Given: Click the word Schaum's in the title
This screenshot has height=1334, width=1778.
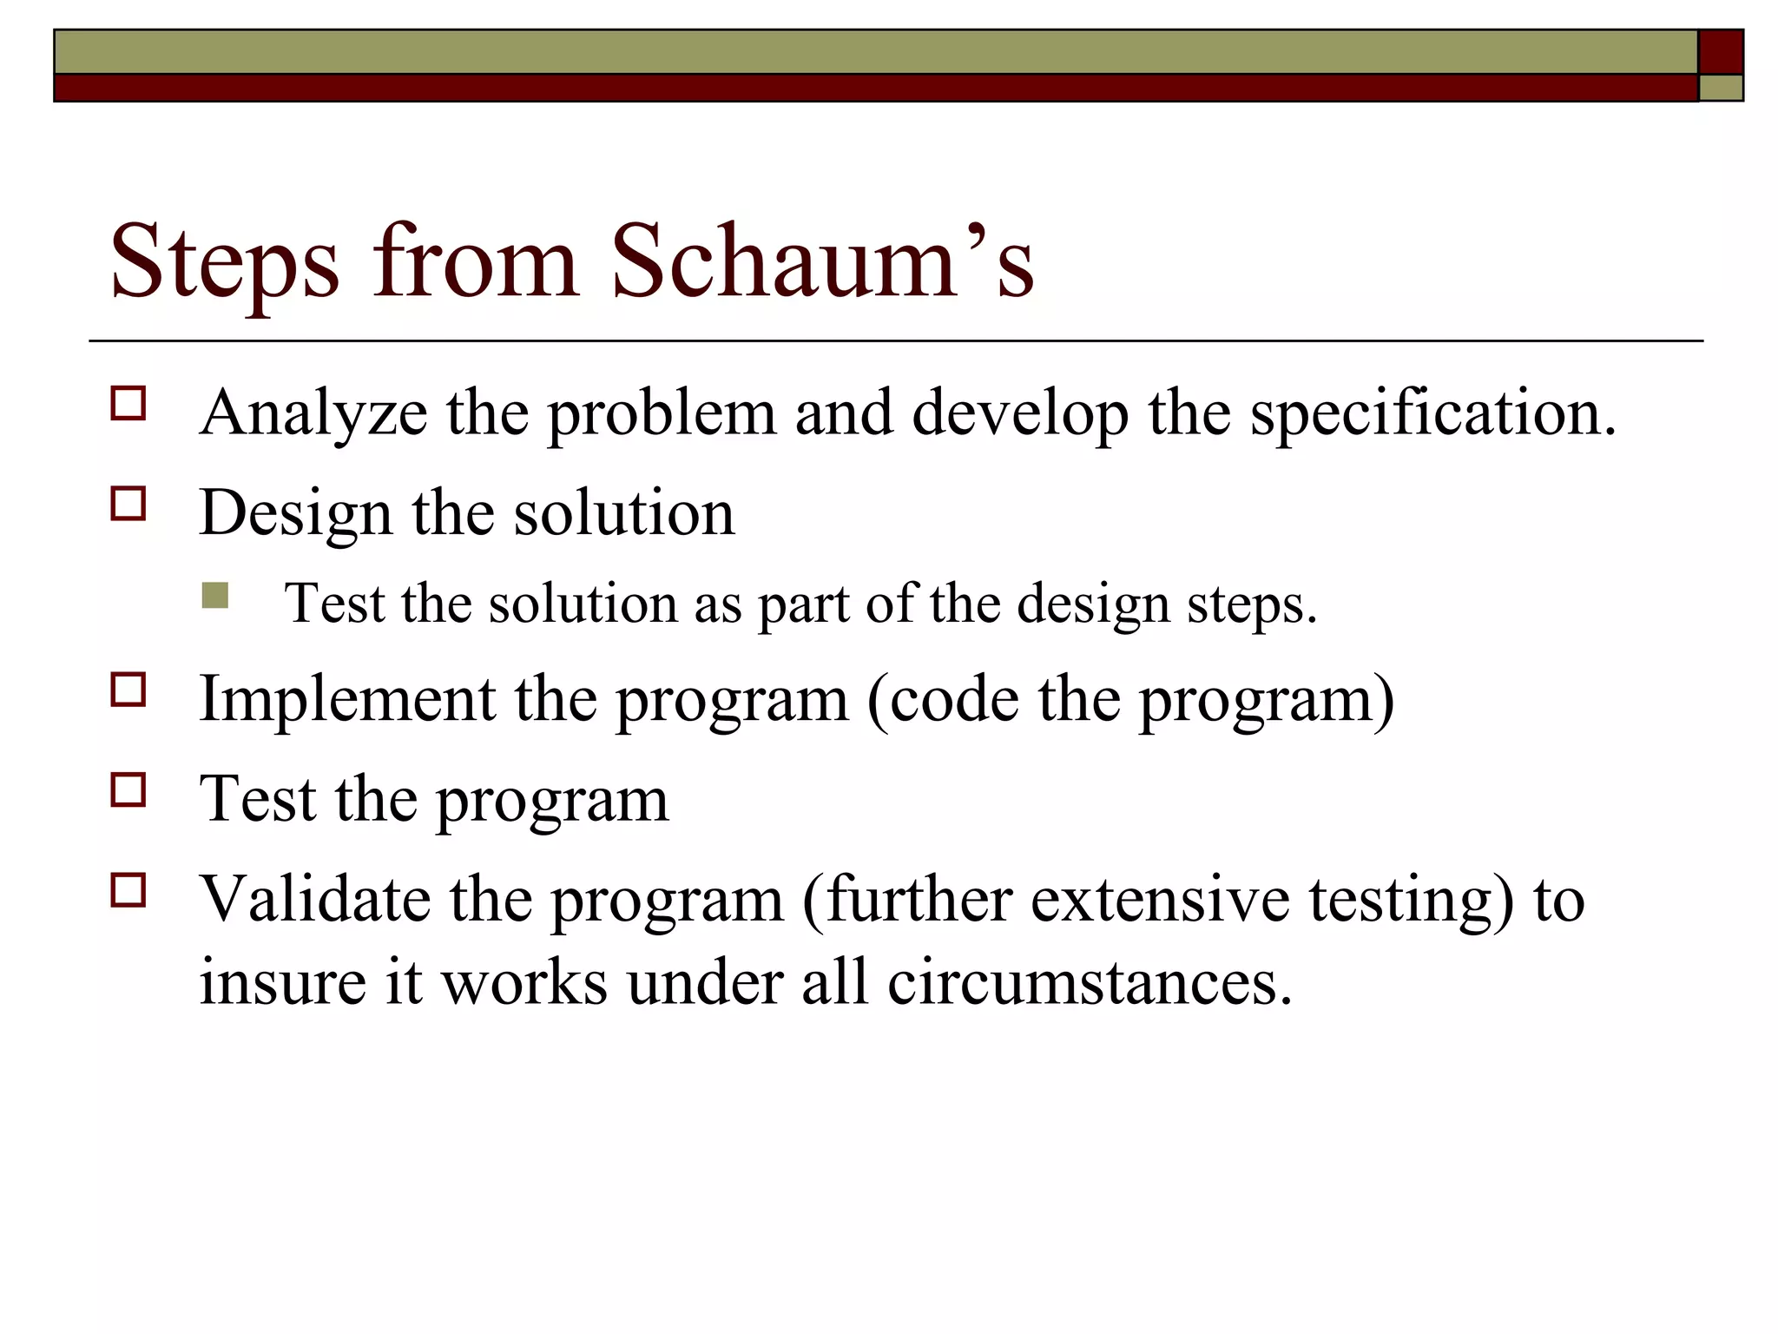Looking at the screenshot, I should tap(821, 261).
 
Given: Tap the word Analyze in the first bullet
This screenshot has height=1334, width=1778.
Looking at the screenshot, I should tap(313, 413).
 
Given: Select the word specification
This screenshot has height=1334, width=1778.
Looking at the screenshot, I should tap(1433, 414).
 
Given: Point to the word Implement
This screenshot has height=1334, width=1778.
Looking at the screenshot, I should tap(346, 699).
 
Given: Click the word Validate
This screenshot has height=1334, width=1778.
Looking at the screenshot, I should tap(314, 899).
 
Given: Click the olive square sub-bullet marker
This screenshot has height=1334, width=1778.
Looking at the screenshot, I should tap(214, 596).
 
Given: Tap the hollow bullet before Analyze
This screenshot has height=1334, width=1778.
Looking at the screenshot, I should tap(128, 405).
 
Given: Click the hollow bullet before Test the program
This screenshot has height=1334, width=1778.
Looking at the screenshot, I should tap(128, 790).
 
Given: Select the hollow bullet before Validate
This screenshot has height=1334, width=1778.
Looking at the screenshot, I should tap(128, 890).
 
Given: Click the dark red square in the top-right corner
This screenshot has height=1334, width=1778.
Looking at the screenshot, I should tap(1721, 52).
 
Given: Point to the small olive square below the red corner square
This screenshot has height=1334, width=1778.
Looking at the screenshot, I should tap(1721, 88).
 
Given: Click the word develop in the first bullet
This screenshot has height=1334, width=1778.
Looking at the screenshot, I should tap(1020, 414).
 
